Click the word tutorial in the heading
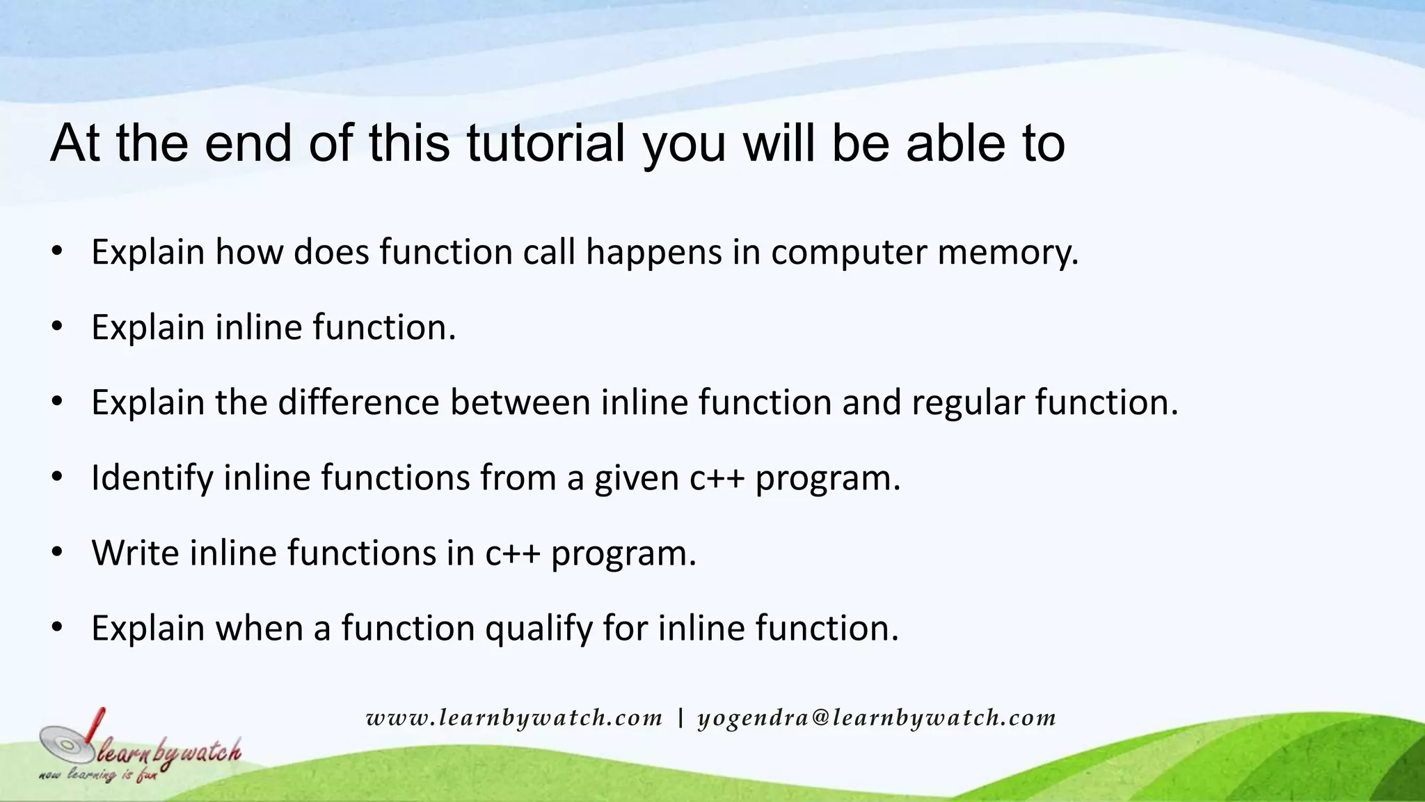click(546, 143)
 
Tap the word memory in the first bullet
click(1007, 252)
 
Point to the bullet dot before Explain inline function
click(57, 327)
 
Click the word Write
click(135, 553)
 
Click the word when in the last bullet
click(259, 629)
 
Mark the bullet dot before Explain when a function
click(57, 628)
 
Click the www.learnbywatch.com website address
click(514, 718)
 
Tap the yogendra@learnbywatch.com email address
click(877, 718)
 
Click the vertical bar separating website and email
click(680, 717)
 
